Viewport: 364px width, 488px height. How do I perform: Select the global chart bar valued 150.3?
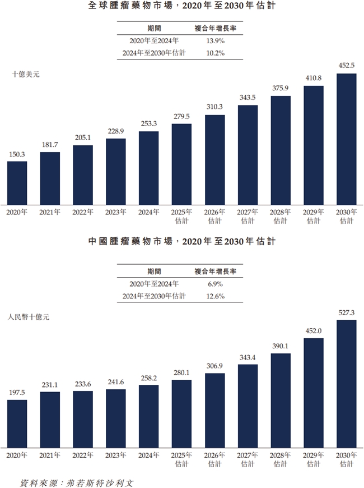point(17,183)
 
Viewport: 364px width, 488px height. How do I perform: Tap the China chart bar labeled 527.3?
point(346,384)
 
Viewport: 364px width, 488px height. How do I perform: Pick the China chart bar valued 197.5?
point(17,423)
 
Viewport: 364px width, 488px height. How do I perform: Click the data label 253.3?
point(148,124)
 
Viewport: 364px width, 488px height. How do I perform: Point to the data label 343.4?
point(248,357)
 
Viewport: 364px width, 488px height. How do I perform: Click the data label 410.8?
point(313,78)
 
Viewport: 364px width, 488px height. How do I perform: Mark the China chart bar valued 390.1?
point(281,400)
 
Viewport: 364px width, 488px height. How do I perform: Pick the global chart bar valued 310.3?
point(214,160)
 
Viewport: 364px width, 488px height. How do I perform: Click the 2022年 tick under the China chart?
point(82,455)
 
